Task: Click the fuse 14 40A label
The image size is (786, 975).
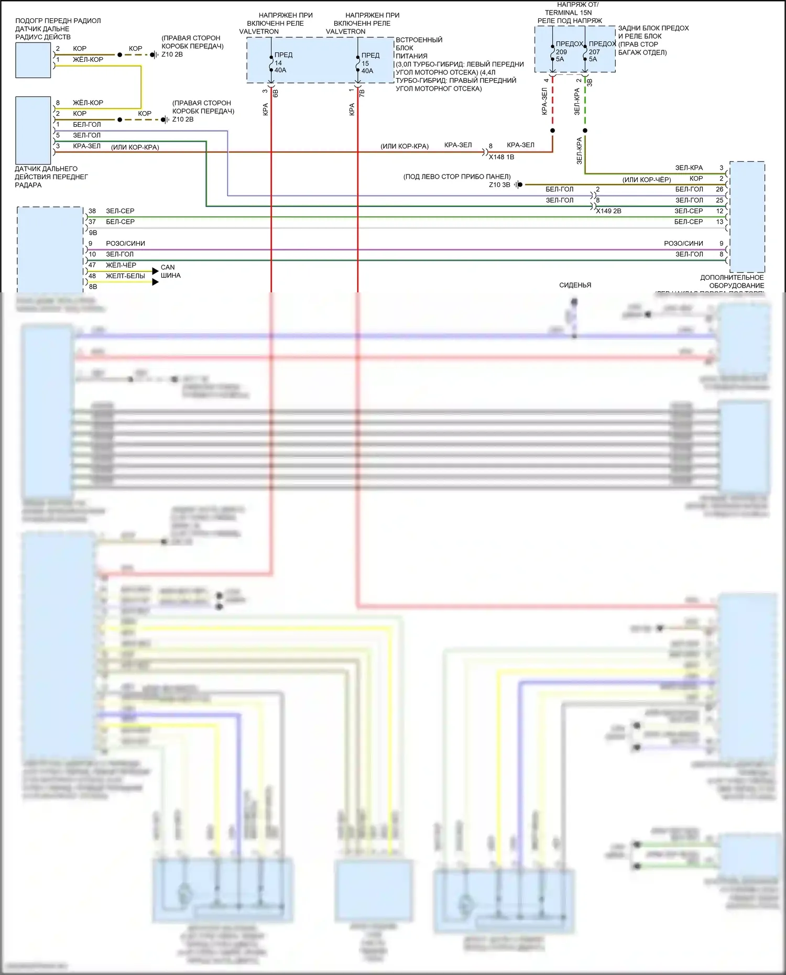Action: point(280,67)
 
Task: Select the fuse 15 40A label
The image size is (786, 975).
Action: point(367,67)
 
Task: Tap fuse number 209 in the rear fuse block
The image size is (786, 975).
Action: point(561,52)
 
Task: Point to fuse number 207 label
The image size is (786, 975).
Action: point(594,52)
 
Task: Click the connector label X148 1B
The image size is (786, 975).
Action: point(501,157)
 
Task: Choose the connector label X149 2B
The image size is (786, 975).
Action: point(608,211)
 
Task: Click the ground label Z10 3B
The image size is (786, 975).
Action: point(499,185)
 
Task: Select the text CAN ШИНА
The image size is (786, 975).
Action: point(170,271)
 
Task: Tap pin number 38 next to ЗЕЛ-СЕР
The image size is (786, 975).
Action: point(92,211)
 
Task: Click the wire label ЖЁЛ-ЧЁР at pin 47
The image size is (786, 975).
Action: point(121,265)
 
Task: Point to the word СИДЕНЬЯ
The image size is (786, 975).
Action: point(575,286)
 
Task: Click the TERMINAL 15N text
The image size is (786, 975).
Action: point(568,13)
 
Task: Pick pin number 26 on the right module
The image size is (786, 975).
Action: point(719,189)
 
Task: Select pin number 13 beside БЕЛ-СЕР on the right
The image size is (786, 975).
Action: point(720,222)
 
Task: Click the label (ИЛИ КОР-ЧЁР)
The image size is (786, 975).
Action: point(647,180)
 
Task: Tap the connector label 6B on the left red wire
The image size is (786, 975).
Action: point(276,93)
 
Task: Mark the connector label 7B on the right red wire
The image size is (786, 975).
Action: point(362,93)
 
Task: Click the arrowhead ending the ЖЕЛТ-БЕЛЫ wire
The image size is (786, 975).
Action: point(155,282)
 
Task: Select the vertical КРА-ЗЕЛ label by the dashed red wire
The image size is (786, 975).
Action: point(544,101)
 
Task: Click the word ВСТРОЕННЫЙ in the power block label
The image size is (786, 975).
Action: point(419,40)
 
